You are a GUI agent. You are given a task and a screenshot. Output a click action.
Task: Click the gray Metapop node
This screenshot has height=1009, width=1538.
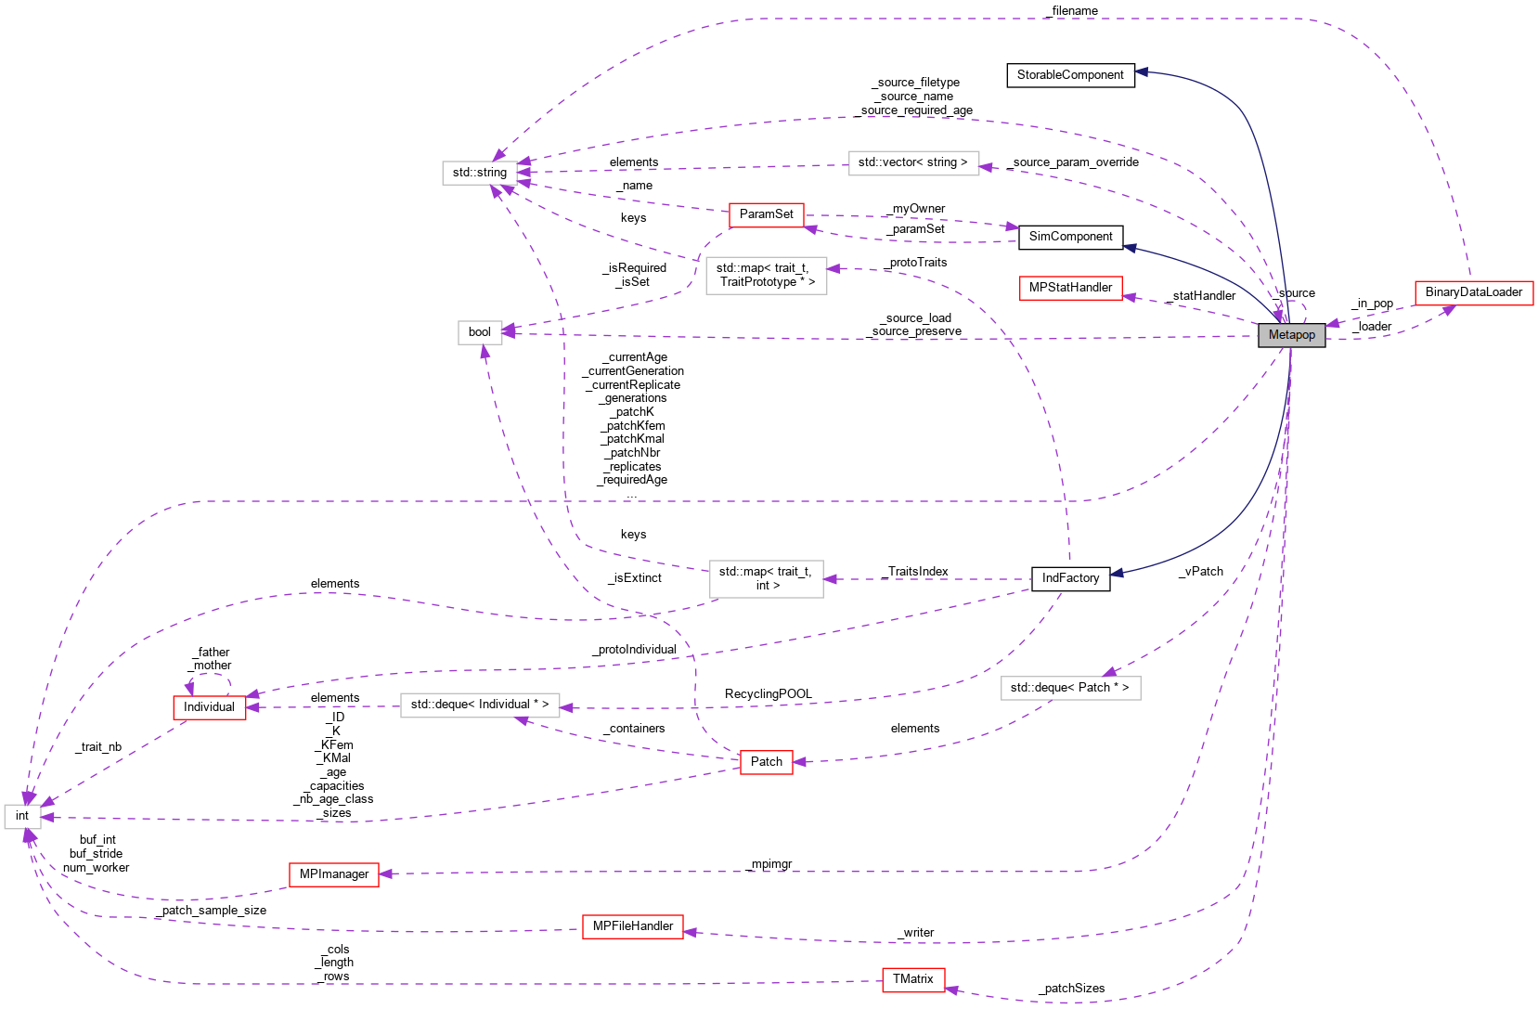coord(1291,335)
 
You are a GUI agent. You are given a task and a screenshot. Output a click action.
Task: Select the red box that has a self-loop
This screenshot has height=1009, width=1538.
coord(210,708)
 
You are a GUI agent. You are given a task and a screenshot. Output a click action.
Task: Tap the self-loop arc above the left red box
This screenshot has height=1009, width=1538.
coord(209,676)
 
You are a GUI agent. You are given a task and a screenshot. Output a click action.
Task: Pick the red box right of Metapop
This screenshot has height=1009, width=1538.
coord(1474,293)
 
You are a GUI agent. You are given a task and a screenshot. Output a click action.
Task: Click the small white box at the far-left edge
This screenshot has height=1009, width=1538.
coord(22,817)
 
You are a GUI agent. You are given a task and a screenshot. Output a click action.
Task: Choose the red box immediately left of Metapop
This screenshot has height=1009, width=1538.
coord(1070,289)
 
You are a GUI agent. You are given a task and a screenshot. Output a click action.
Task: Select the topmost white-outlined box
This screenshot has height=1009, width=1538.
coord(913,163)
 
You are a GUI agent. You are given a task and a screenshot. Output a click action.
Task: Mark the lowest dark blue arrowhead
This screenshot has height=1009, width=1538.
coord(1117,574)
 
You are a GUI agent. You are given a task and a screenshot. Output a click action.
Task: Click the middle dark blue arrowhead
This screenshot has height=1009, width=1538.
coord(1130,248)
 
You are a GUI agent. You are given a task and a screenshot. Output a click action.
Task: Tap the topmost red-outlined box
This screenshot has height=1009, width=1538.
coord(766,215)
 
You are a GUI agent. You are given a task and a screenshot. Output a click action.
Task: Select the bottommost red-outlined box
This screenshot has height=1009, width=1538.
coord(913,980)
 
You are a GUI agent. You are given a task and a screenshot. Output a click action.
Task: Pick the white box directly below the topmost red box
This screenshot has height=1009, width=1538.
coord(766,276)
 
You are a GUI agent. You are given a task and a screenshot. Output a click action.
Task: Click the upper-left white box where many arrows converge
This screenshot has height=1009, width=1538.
coord(479,174)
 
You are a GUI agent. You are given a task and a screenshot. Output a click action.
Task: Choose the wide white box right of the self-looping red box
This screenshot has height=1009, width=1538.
coord(480,705)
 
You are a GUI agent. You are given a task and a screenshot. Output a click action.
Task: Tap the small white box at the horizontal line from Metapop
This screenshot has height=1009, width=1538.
coord(480,332)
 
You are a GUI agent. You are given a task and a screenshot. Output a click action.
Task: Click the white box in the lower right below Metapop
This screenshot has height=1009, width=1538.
coord(1070,688)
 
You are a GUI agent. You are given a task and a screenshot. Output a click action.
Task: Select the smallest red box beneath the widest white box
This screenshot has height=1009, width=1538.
coord(767,762)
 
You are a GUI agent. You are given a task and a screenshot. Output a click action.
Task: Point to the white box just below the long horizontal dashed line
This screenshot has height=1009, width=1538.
coord(766,579)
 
